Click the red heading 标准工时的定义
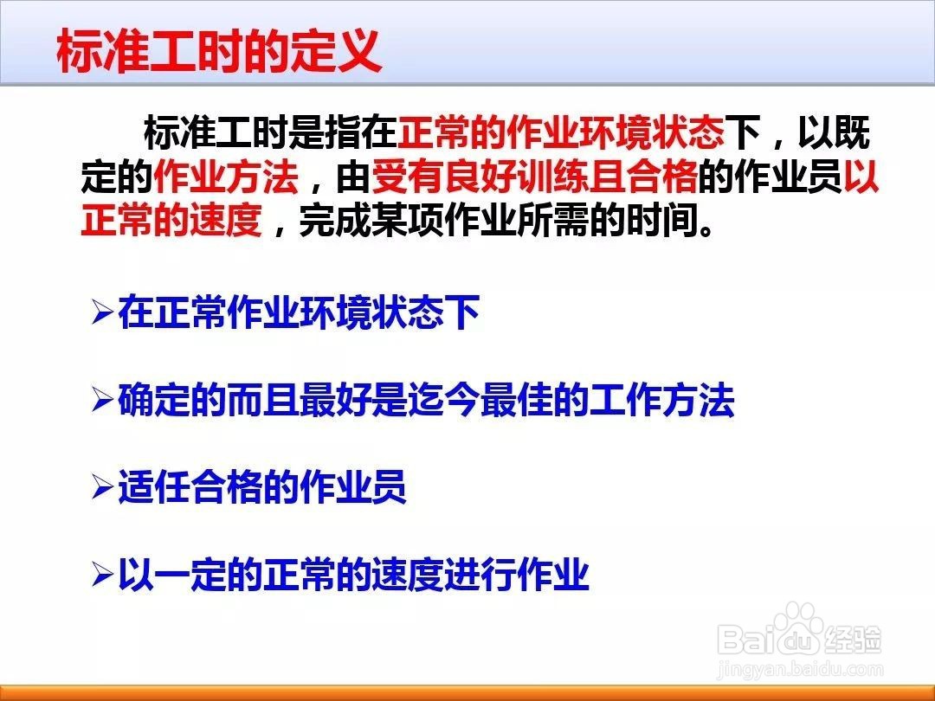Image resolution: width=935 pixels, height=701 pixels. pos(219,52)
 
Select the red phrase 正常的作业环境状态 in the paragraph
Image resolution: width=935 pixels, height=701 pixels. pos(560,132)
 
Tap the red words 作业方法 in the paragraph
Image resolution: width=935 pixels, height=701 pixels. pos(226,177)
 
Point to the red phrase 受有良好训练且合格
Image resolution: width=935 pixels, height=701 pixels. pos(535,177)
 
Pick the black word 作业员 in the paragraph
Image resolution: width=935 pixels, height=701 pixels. pos(788,177)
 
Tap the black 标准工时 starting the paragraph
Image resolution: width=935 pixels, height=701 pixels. pos(216,132)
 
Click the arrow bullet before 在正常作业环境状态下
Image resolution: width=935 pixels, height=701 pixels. pos(102,312)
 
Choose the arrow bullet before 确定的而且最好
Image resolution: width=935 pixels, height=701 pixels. pos(102,400)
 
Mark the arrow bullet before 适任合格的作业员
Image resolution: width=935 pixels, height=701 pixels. pos(102,488)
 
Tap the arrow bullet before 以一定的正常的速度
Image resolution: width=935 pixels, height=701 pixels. pos(102,576)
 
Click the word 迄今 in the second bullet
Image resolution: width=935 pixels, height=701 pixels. pos(443,400)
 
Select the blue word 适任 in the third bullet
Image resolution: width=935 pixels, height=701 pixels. pos(154,487)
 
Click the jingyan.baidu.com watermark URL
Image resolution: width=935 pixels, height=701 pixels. pos(800,670)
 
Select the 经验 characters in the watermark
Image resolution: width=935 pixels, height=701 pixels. pos(854,640)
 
